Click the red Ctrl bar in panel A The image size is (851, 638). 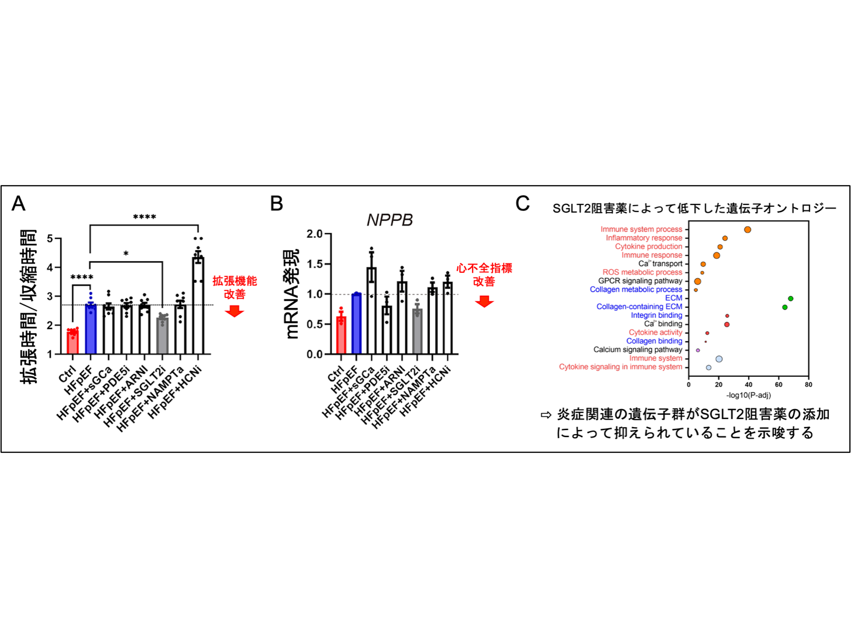[72, 342]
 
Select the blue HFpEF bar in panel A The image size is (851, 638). [91, 329]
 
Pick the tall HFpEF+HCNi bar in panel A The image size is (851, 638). [198, 306]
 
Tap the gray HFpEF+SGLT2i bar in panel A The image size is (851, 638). [162, 336]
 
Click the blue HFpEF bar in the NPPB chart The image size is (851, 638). [356, 324]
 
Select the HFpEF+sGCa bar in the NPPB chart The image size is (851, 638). [371, 311]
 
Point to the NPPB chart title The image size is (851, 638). [390, 220]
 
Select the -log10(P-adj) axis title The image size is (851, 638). [748, 395]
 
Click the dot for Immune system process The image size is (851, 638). [748, 230]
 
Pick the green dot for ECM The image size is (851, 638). [790, 299]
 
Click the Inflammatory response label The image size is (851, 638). [644, 238]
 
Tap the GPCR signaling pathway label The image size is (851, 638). [640, 281]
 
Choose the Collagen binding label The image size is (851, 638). [654, 341]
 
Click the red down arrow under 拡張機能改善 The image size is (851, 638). [235, 311]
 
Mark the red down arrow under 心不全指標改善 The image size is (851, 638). [484, 301]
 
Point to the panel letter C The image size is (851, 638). [522, 203]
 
